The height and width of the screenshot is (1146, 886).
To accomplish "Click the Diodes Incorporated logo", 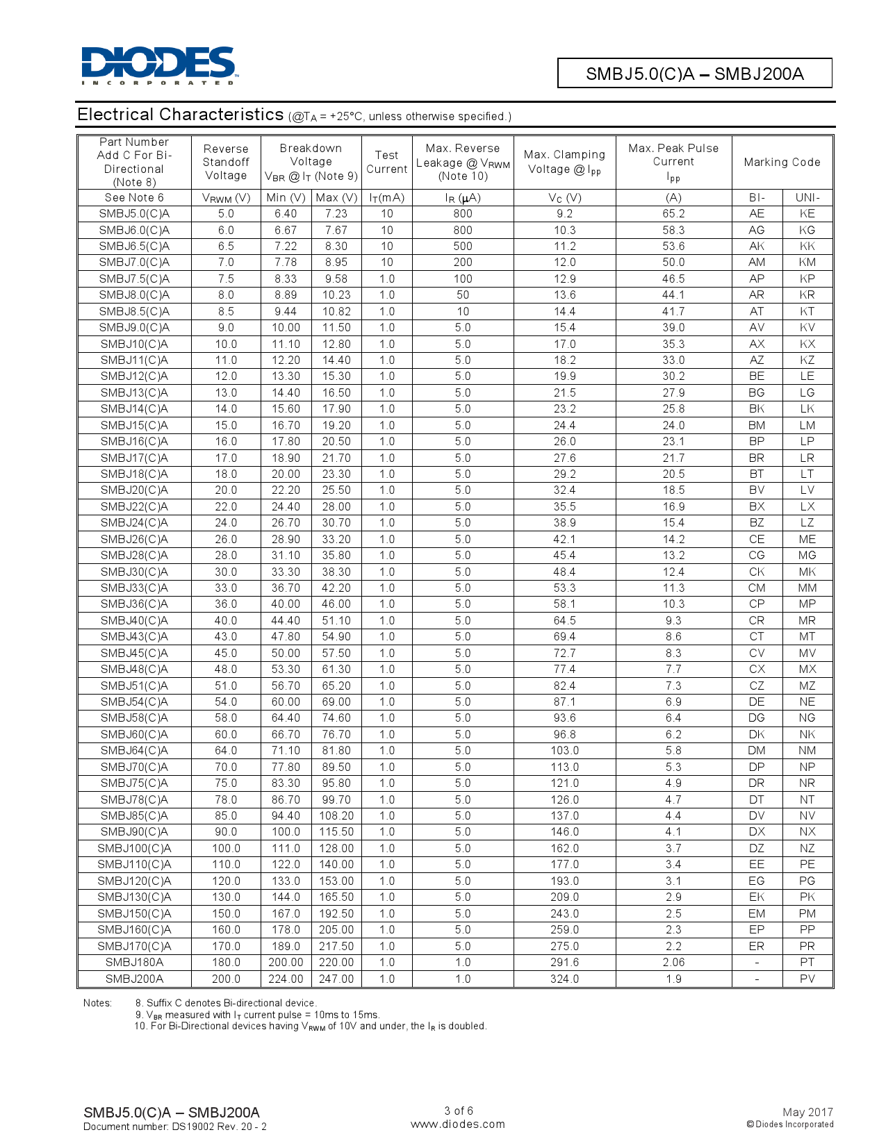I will pyautogui.click(x=159, y=65).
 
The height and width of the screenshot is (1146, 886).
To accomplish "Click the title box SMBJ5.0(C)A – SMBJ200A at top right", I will pyautogui.click(x=694, y=74).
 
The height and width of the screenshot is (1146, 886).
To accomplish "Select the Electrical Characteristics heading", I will pyautogui.click(x=180, y=115).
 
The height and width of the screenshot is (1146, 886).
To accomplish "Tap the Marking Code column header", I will pyautogui.click(x=782, y=162).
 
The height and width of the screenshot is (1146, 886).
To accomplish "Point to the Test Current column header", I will pyautogui.click(x=386, y=162).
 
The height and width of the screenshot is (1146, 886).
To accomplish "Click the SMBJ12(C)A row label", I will pyautogui.click(x=134, y=376).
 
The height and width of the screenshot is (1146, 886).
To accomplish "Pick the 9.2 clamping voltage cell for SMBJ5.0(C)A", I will pyautogui.click(x=564, y=214).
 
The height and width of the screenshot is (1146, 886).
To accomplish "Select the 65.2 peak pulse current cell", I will pyautogui.click(x=673, y=214).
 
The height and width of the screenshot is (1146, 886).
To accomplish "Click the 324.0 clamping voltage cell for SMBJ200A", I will pyautogui.click(x=564, y=979).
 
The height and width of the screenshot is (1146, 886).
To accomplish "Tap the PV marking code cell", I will pyautogui.click(x=807, y=979).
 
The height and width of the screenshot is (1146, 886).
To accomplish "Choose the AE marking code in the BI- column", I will pyautogui.click(x=756, y=214).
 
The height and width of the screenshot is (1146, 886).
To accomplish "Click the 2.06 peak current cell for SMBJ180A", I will pyautogui.click(x=673, y=962).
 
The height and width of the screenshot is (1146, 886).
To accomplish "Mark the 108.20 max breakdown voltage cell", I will pyautogui.click(x=336, y=815).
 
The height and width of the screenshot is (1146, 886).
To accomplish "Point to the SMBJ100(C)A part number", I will pyautogui.click(x=134, y=848).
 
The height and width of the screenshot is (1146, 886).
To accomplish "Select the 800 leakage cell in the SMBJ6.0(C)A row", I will pyautogui.click(x=462, y=230).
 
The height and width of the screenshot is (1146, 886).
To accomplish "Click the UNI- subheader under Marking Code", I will pyautogui.click(x=807, y=197).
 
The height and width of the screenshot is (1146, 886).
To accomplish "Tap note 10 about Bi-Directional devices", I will pyautogui.click(x=311, y=1026).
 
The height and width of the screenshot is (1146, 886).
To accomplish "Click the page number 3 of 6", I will pyautogui.click(x=459, y=1111).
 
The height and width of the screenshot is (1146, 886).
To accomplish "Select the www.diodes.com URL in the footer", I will pyautogui.click(x=457, y=1124).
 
